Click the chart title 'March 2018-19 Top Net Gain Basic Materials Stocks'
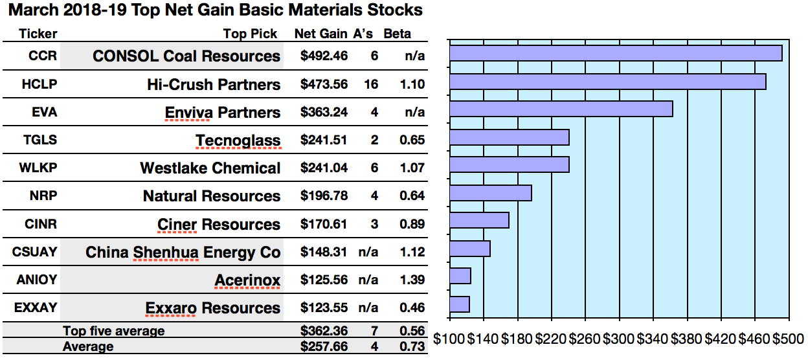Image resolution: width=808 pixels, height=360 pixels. [x=212, y=10]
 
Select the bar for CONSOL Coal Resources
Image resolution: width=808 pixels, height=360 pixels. [x=615, y=53]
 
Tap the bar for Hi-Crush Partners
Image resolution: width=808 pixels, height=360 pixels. [x=607, y=82]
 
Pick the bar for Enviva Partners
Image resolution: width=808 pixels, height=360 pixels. [x=561, y=109]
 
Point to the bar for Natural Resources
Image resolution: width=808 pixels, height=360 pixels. [x=490, y=193]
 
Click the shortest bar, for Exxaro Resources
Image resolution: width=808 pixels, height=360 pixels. [x=459, y=304]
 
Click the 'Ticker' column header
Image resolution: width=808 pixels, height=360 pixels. [x=38, y=34]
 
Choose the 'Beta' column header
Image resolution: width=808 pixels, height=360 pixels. [x=397, y=34]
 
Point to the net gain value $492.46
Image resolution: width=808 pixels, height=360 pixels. [x=324, y=56]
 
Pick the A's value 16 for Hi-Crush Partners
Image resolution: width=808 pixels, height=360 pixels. [x=374, y=84]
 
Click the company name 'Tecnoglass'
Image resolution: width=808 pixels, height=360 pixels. [x=238, y=141]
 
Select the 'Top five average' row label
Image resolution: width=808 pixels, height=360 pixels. [x=113, y=332]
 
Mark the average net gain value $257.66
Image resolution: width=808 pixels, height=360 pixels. [x=324, y=346]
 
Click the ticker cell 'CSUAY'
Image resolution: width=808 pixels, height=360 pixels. [x=34, y=252]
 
